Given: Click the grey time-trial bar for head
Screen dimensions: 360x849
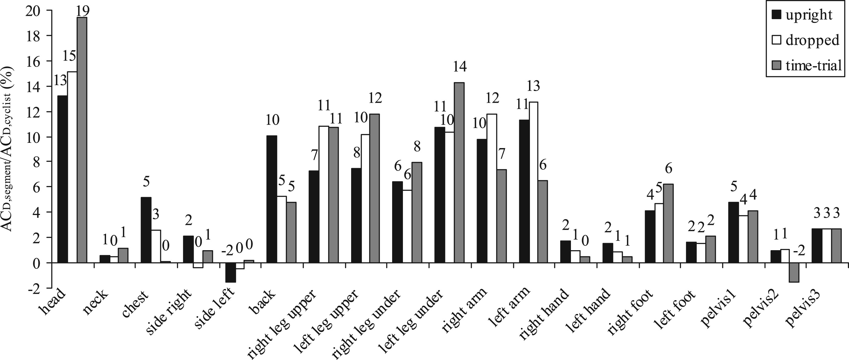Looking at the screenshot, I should click(82, 140).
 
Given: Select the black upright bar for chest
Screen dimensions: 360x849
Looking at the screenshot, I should click(146, 230).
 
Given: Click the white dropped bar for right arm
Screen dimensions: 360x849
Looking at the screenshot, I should click(492, 188).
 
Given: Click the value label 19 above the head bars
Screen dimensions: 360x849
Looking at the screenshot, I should click(82, 11).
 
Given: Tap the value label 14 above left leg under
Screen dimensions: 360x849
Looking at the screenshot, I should click(460, 68).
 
